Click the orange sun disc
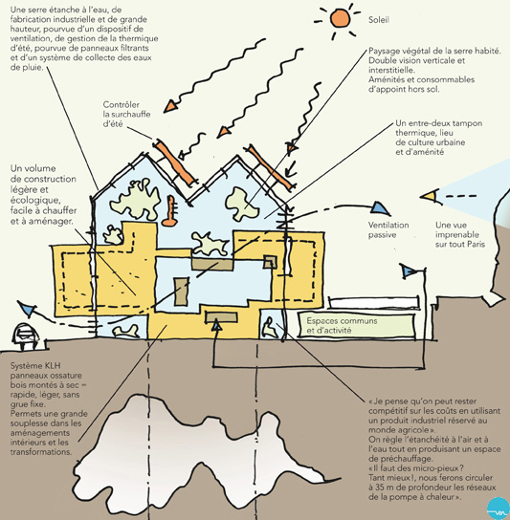click(x=340, y=18)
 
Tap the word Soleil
click(x=379, y=20)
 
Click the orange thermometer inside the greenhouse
click(x=170, y=211)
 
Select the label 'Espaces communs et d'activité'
click(x=342, y=325)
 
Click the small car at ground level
click(x=25, y=336)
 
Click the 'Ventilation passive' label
click(x=388, y=229)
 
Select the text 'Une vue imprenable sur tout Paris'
click(x=460, y=234)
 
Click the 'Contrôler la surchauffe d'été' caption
click(x=126, y=114)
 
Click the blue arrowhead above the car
click(x=26, y=309)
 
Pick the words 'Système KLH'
click(x=35, y=366)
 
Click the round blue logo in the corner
click(x=498, y=509)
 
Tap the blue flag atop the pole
click(x=408, y=271)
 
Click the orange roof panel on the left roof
click(x=173, y=162)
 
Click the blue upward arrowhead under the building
click(x=217, y=324)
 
